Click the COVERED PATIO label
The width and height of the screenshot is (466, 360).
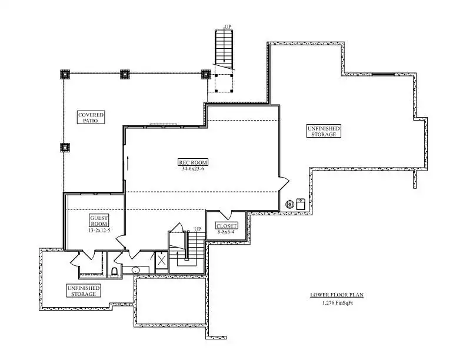[x=91, y=118]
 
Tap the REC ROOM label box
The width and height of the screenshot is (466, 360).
[x=193, y=162]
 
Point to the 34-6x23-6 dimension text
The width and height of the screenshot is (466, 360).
[x=193, y=169]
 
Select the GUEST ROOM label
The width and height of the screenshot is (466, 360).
[x=99, y=221]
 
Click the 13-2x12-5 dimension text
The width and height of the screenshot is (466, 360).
[x=99, y=230]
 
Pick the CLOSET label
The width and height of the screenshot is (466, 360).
[x=227, y=226]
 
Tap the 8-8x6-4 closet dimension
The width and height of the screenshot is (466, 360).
[x=226, y=232]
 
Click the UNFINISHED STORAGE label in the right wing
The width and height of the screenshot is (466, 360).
[x=324, y=131]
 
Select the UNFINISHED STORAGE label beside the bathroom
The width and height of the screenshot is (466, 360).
[x=83, y=291]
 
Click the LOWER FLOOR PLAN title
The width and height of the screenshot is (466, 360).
[x=337, y=295]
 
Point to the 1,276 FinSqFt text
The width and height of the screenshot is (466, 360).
[x=337, y=304]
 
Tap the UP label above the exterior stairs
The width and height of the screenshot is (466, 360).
[x=228, y=27]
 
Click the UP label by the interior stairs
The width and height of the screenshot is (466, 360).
[x=198, y=229]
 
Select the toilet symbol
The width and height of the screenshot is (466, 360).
[x=114, y=272]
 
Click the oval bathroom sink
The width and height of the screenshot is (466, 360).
[x=136, y=271]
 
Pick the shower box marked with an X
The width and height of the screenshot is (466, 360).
[x=162, y=260]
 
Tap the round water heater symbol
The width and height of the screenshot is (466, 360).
[x=289, y=204]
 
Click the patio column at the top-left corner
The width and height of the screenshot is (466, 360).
[x=65, y=74]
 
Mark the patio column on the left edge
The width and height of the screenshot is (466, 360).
[x=65, y=147]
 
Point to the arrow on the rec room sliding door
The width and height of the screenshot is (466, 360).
[x=128, y=163]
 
